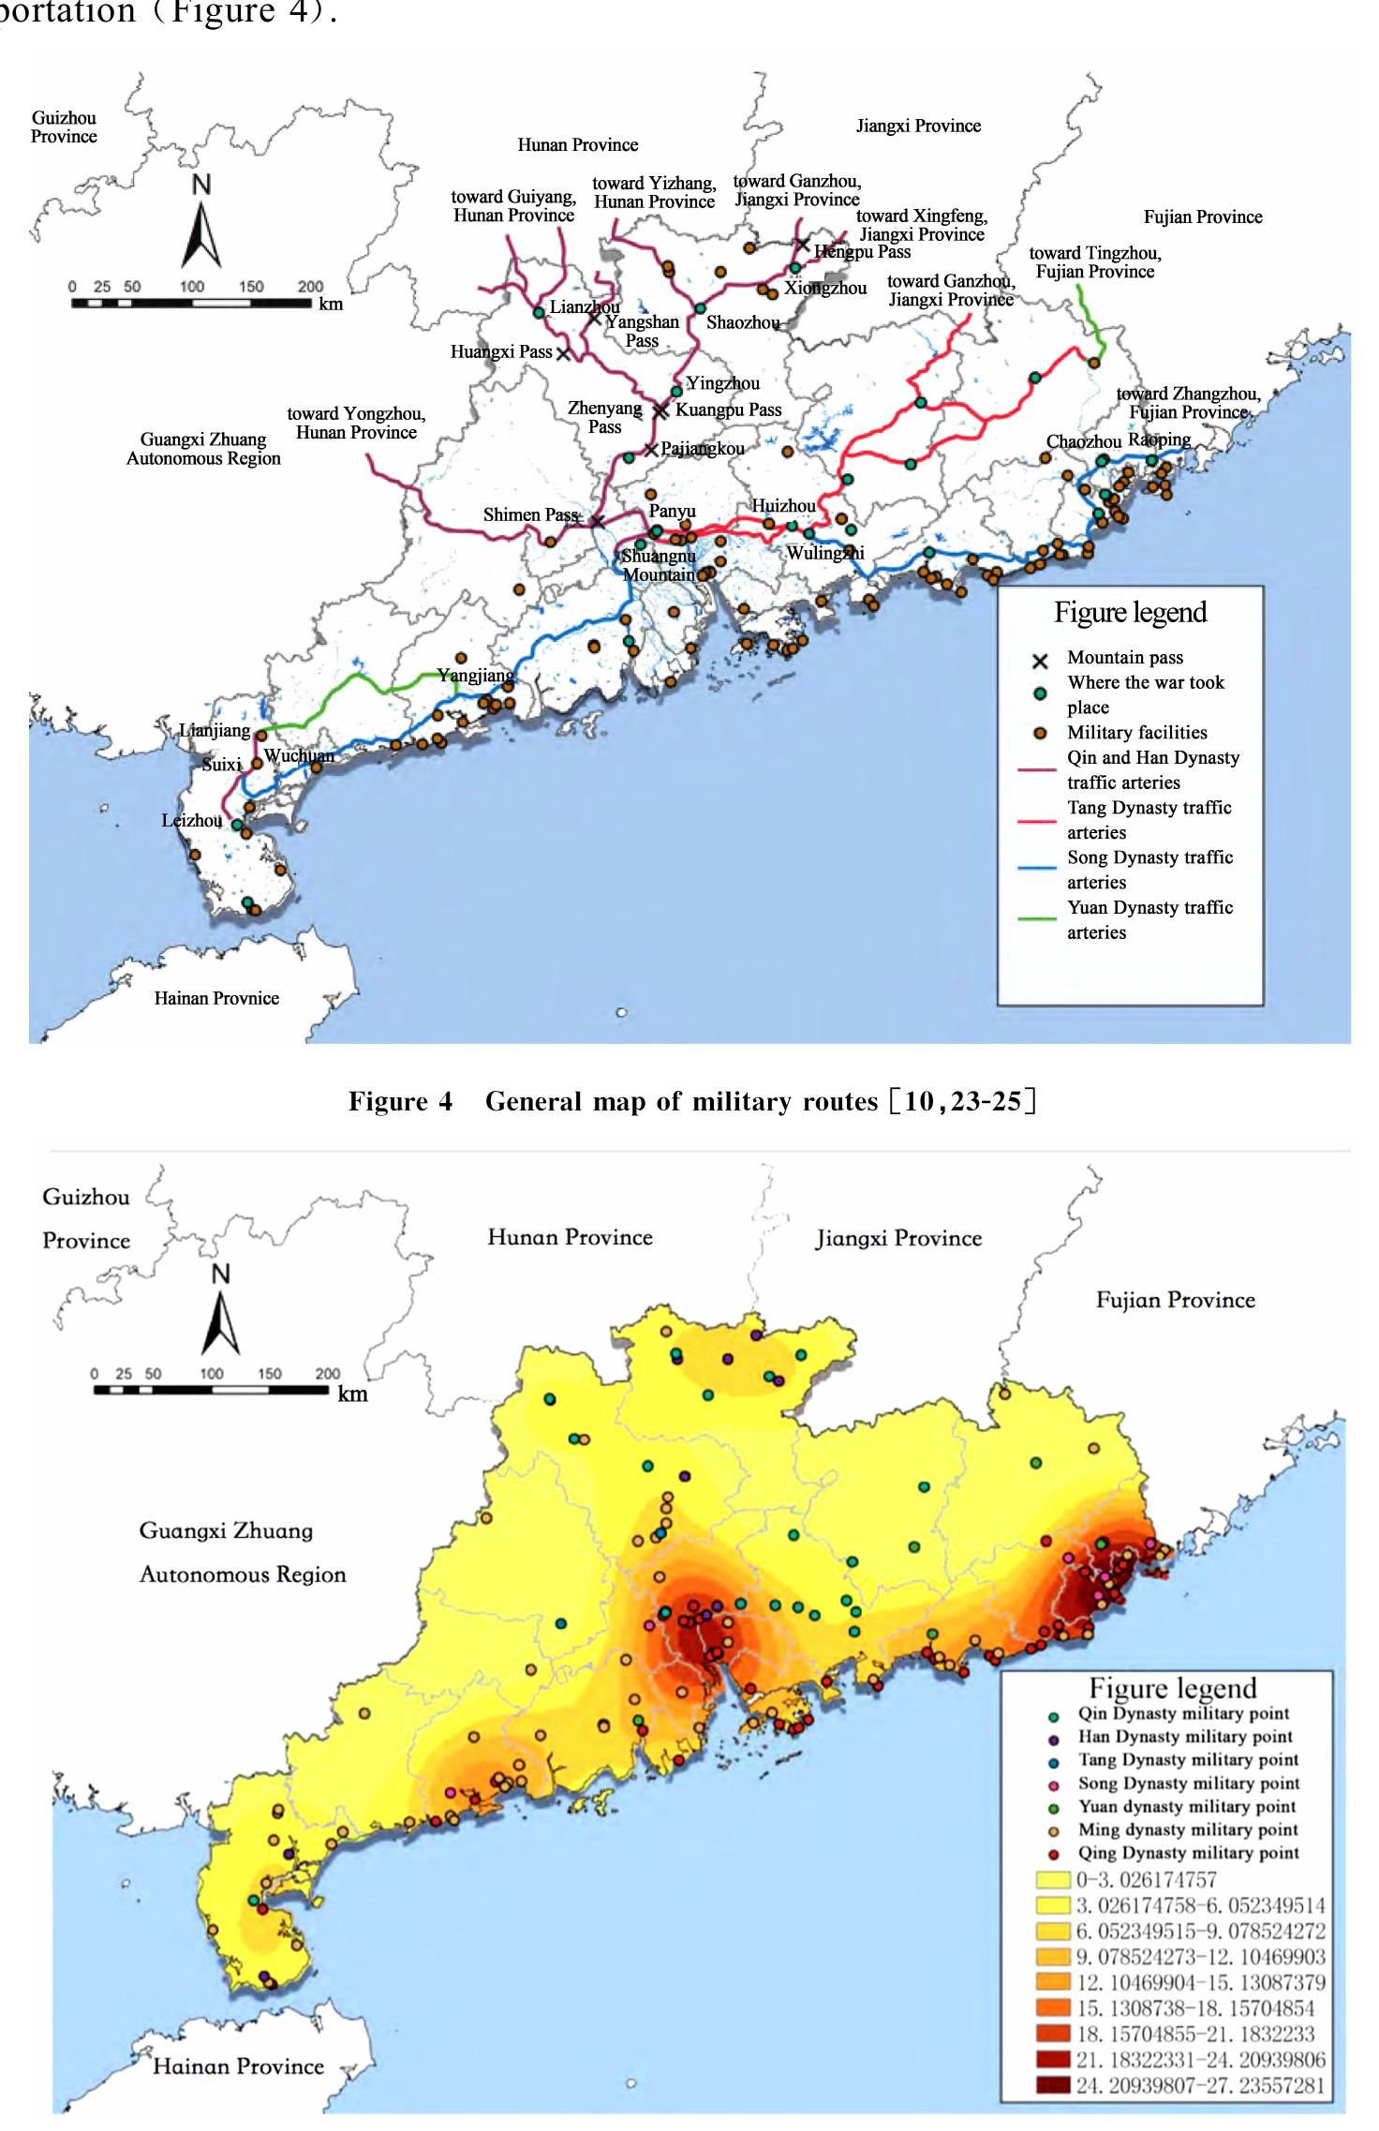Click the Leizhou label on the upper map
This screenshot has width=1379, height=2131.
point(191,821)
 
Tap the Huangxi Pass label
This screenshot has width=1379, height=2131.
point(501,352)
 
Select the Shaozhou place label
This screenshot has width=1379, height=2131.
point(743,322)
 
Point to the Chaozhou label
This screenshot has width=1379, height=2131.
point(1083,441)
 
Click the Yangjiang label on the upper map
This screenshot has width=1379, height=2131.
point(475,676)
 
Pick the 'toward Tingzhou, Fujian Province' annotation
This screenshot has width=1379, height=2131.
point(1094,262)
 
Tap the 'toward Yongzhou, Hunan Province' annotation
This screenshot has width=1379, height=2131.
point(356,423)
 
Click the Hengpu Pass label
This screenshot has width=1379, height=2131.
point(862,251)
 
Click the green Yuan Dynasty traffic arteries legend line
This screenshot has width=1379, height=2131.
point(1038,918)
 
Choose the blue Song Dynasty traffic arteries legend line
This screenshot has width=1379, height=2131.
point(1038,869)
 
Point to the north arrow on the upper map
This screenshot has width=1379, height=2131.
point(201,225)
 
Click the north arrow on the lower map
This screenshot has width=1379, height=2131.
point(221,1311)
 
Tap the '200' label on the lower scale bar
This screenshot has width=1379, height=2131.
point(327,1374)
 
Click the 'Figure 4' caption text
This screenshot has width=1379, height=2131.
point(400,1101)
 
